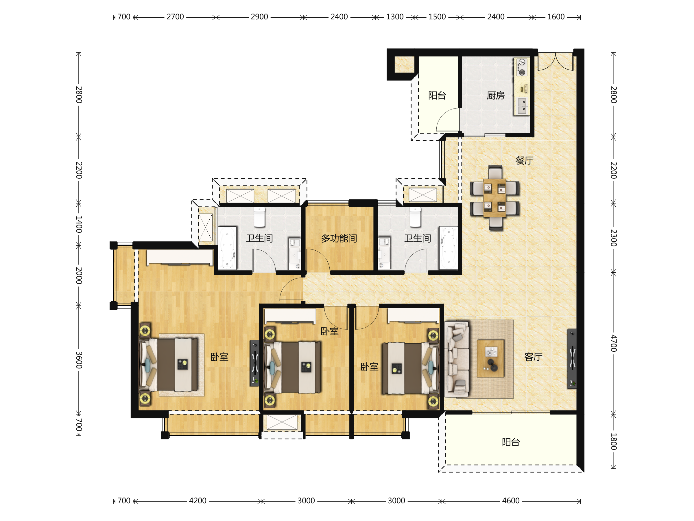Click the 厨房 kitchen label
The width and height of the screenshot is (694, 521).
(495, 96)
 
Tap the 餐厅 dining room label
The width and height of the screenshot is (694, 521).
(524, 160)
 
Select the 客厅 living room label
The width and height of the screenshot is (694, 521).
(533, 357)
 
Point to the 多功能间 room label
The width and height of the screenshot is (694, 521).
(339, 239)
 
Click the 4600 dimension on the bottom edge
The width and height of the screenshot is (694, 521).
(511, 500)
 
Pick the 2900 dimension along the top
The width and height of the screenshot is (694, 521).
(259, 17)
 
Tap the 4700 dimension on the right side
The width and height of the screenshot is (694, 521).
(614, 343)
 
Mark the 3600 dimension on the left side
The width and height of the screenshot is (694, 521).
(79, 360)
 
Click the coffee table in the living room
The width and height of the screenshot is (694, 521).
(490, 358)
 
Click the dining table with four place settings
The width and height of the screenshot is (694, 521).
(494, 198)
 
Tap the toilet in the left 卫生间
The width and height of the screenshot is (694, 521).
(259, 217)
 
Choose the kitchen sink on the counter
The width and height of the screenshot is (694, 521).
(522, 106)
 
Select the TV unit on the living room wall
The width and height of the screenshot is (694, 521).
(572, 359)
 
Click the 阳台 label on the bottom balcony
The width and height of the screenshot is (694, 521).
(511, 442)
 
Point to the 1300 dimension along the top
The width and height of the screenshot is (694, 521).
(395, 17)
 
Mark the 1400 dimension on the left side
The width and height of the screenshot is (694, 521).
(79, 224)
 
